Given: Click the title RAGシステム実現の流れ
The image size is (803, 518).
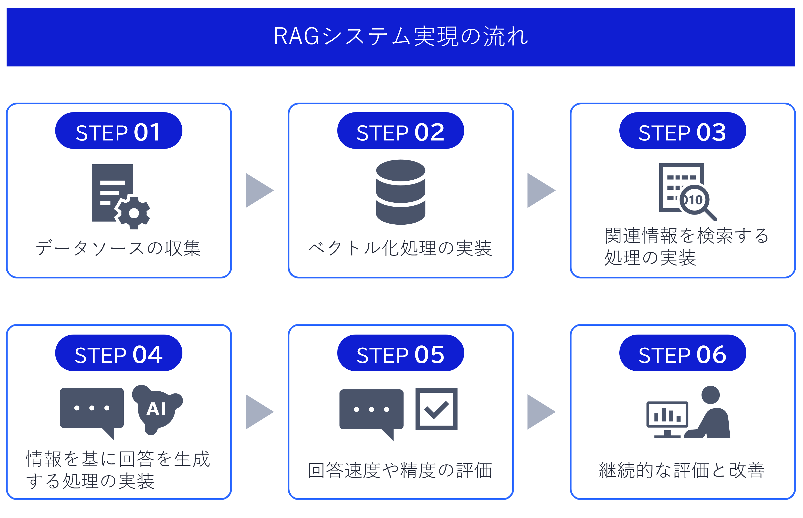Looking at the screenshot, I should (x=401, y=36).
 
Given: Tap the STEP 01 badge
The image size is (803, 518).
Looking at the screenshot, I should (x=118, y=131).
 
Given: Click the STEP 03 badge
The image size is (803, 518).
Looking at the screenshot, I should (x=683, y=131).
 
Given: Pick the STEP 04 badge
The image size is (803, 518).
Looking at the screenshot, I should (x=118, y=353).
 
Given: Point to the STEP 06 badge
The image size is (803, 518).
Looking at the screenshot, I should (x=683, y=353).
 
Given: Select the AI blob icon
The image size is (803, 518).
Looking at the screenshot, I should (x=157, y=409).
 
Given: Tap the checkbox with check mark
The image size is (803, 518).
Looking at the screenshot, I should (x=436, y=409).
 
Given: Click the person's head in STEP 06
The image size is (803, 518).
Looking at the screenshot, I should (x=710, y=395).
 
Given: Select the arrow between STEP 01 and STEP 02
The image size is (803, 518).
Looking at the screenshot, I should (x=259, y=190).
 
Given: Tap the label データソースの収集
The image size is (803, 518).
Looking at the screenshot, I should (x=118, y=248).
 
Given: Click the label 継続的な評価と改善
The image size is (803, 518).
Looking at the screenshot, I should (x=682, y=470).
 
